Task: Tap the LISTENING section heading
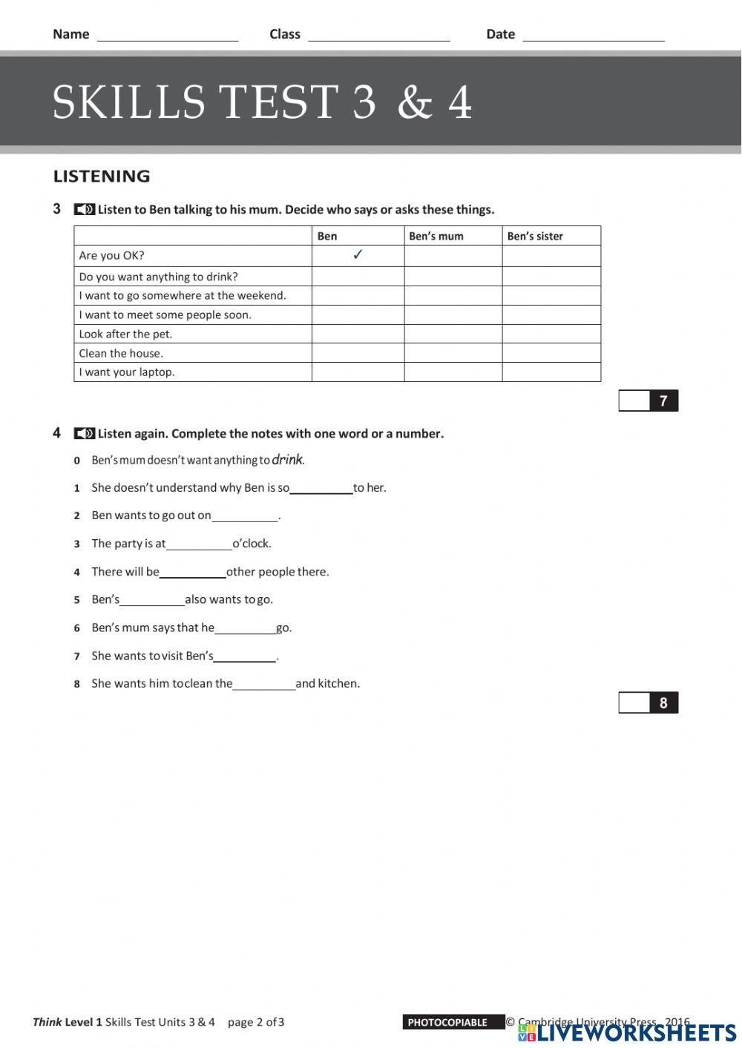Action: [x=102, y=177]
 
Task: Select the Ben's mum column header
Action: [x=436, y=236]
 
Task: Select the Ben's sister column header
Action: [x=535, y=236]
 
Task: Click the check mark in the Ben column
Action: [x=358, y=255]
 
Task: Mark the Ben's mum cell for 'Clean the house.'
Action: [x=453, y=353]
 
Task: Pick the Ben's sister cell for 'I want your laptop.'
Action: [x=551, y=372]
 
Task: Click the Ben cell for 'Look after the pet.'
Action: [x=358, y=334]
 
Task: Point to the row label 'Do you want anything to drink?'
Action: [x=158, y=277]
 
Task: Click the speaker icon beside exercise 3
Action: [x=85, y=210]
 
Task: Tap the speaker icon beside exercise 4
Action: [x=85, y=434]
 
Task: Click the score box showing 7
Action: [x=648, y=401]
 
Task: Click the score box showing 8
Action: [x=648, y=703]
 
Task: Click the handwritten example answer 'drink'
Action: [x=287, y=460]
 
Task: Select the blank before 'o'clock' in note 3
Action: [x=199, y=544]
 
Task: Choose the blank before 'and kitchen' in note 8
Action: [x=263, y=685]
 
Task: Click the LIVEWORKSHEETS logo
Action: [x=627, y=1032]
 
